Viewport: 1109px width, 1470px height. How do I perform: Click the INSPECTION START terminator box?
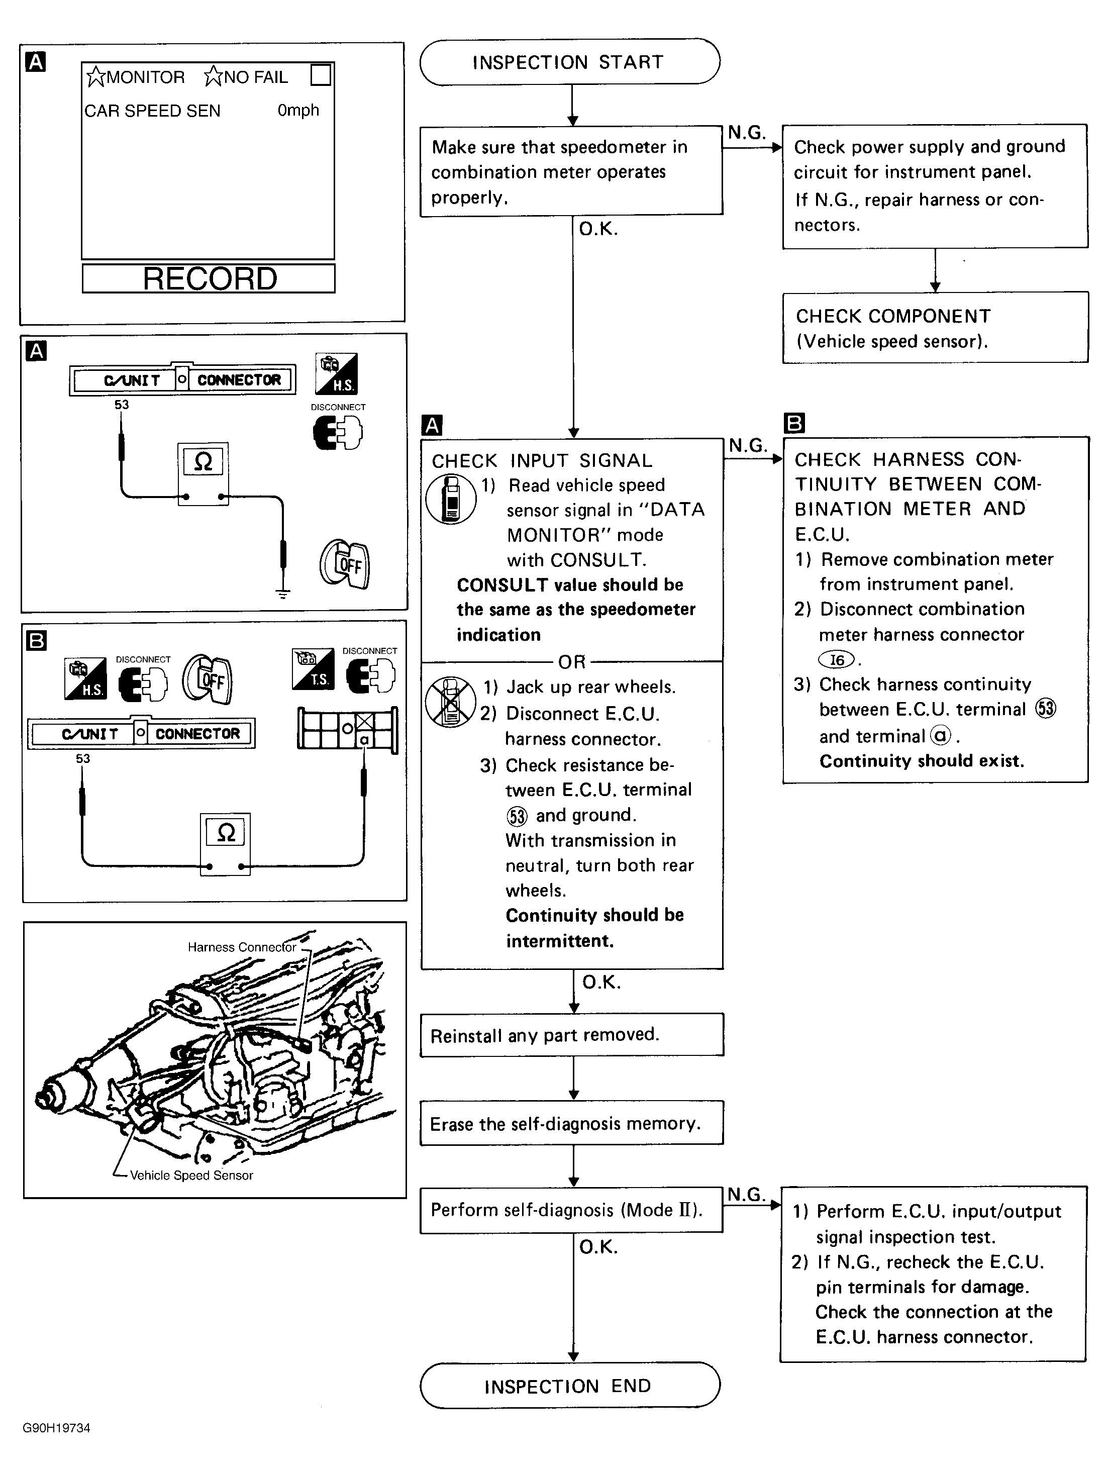[569, 62]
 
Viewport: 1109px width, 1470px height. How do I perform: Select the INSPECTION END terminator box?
[569, 1386]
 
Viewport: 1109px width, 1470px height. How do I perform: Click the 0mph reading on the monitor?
[297, 111]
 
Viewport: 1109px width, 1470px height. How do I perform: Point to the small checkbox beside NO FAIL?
[321, 75]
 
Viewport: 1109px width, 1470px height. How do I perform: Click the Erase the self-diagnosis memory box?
[571, 1124]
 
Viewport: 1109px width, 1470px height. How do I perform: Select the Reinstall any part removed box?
[571, 1035]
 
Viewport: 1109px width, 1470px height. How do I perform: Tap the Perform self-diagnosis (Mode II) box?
[571, 1210]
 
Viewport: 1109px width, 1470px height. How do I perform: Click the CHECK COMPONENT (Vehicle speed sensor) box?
[935, 328]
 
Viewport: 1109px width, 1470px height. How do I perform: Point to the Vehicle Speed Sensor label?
[191, 1175]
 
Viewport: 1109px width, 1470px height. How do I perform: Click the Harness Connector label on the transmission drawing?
[241, 947]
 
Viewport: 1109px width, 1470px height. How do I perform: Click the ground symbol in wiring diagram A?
[283, 594]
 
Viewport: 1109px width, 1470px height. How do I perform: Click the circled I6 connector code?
[837, 660]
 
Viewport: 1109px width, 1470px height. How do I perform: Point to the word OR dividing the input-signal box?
[571, 662]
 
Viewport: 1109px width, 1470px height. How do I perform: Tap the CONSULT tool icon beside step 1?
[451, 500]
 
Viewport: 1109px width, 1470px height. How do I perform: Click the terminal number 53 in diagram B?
[83, 758]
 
